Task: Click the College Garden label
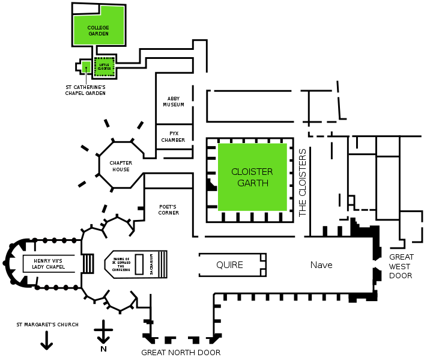click(98, 31)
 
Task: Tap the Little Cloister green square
click(104, 67)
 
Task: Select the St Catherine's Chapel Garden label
click(85, 90)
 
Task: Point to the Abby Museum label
click(174, 102)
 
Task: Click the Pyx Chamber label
click(173, 136)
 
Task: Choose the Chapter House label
click(120, 166)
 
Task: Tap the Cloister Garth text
click(252, 177)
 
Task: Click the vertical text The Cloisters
click(303, 183)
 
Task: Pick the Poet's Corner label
click(169, 209)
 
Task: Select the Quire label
click(230, 265)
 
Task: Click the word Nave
click(321, 265)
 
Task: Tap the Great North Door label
click(181, 353)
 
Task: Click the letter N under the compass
click(103, 349)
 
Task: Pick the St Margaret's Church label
click(47, 325)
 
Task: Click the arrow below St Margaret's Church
click(46, 341)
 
